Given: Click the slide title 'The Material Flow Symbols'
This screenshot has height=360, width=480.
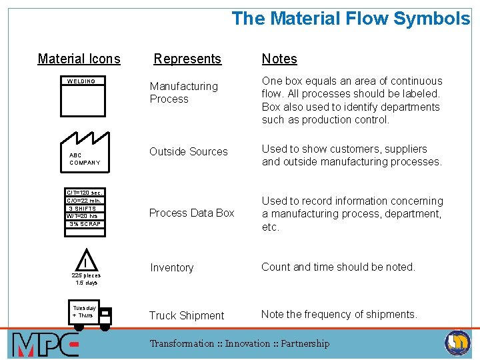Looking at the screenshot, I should (350, 19).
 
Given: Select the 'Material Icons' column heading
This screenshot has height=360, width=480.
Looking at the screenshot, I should (79, 59).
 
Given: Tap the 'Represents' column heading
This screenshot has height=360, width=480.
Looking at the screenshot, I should (187, 59).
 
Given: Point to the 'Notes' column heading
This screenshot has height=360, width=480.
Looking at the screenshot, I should (279, 59).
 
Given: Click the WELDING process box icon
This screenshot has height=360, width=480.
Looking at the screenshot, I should (83, 99).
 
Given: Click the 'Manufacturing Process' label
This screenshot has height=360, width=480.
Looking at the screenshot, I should (183, 93).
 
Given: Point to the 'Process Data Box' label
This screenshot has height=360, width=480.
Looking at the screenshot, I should (192, 213).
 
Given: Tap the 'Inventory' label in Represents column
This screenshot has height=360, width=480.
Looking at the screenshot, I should (171, 267).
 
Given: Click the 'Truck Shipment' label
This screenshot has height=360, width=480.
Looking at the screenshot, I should (187, 315).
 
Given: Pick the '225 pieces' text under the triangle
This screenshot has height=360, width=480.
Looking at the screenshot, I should (86, 275).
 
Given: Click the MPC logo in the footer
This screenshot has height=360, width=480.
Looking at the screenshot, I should (45, 344).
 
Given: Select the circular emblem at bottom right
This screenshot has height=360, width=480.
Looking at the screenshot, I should (457, 343).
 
